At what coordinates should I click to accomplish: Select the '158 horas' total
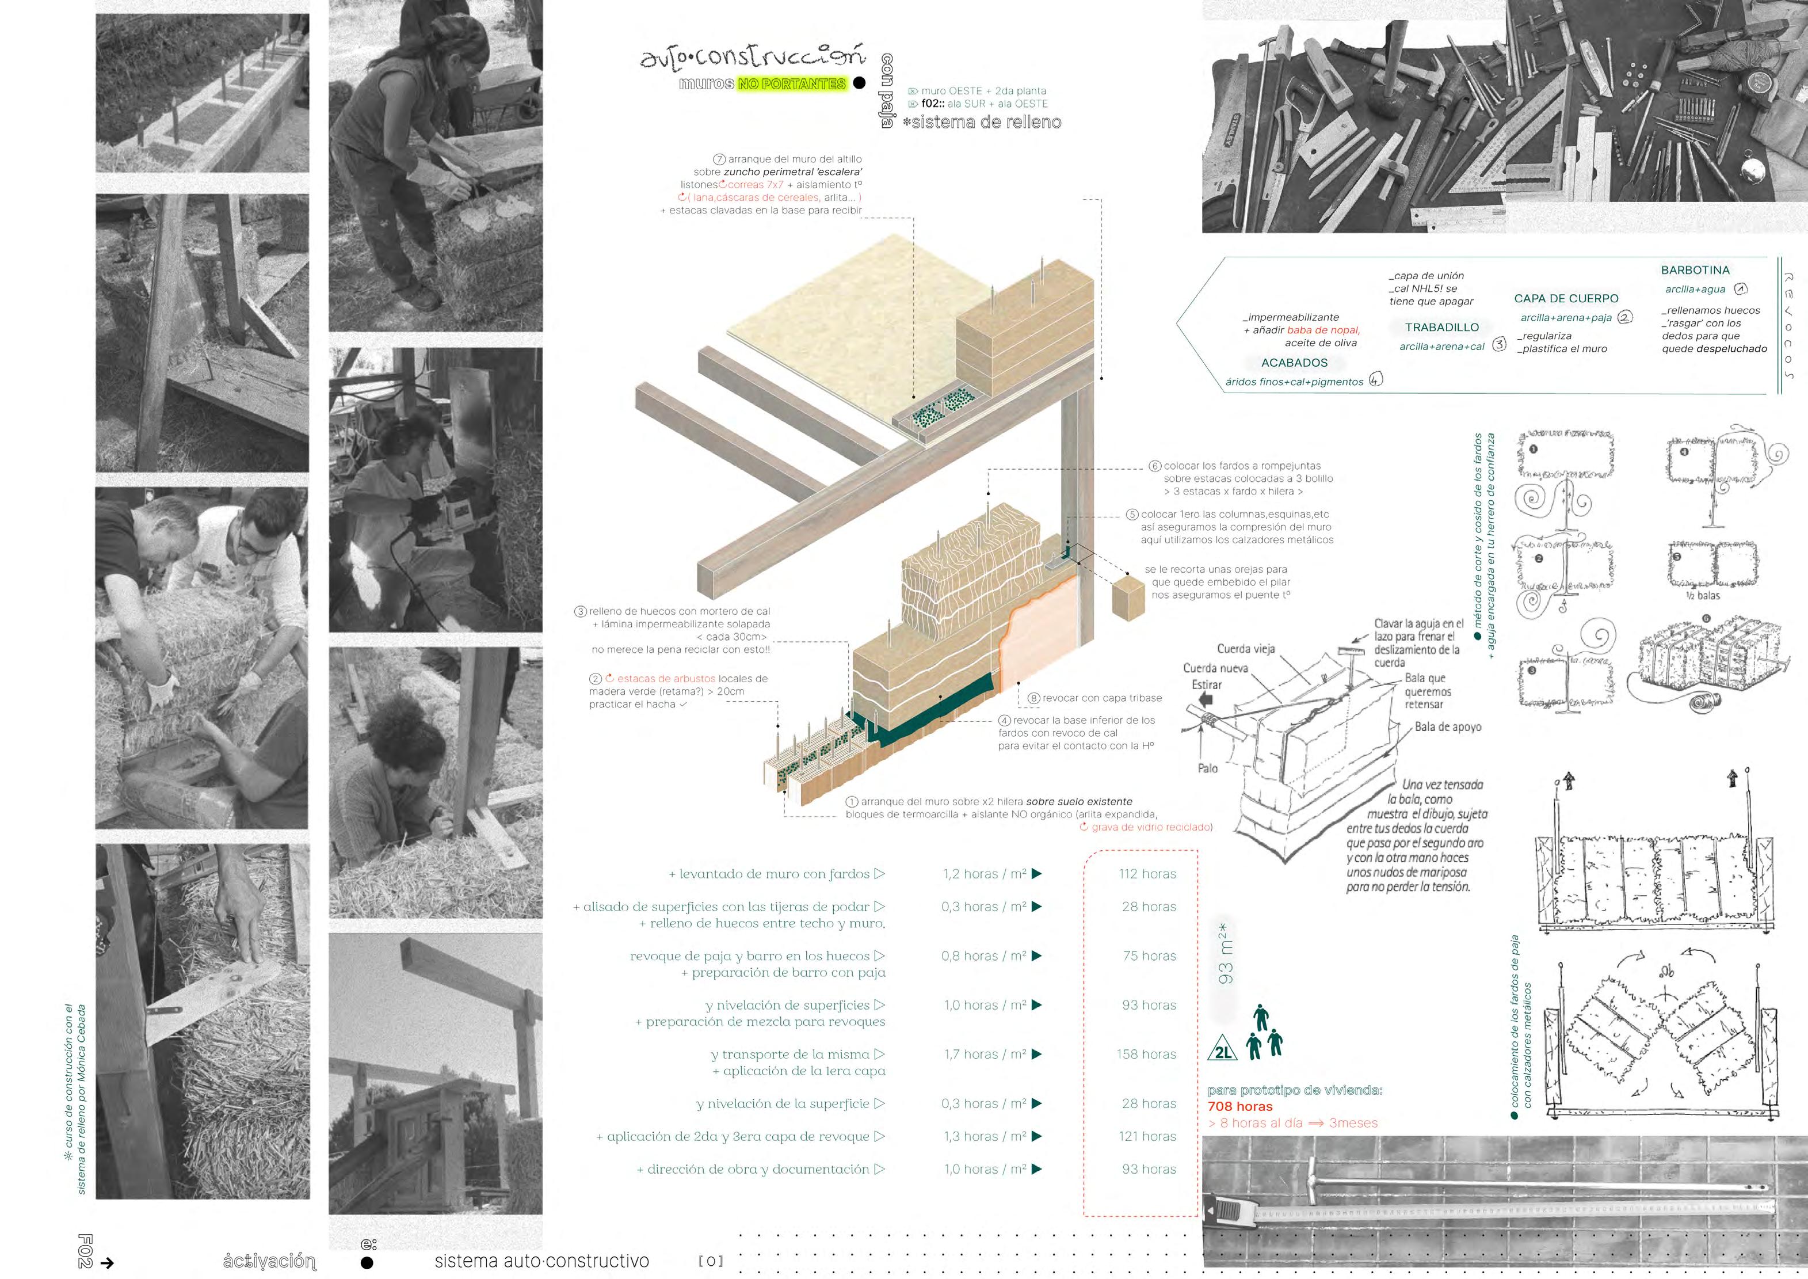(1146, 1055)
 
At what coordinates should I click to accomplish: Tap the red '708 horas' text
(1239, 1106)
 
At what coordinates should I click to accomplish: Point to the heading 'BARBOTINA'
(1695, 270)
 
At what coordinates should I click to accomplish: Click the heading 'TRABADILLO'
(1442, 328)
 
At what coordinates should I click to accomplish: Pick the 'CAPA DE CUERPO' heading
(1566, 299)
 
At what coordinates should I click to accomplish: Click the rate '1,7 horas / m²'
(985, 1055)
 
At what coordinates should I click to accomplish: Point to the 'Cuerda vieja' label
(1246, 649)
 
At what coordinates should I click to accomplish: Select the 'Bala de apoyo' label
(1447, 727)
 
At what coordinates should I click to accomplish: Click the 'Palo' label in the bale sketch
(1207, 768)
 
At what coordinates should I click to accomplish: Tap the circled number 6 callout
(1155, 466)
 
